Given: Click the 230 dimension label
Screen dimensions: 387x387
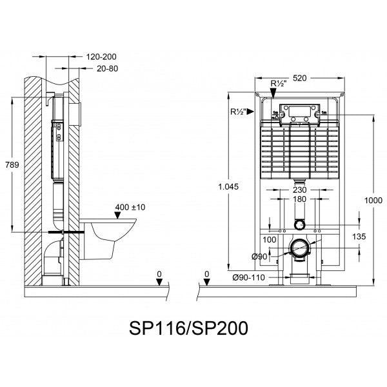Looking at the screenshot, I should pos(298,190).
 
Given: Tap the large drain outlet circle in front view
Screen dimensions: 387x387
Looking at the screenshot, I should pos(299,248).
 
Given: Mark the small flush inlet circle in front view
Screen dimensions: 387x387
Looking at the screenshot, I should pos(299,224).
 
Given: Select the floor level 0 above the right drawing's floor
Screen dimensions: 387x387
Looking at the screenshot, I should pos(206,275).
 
